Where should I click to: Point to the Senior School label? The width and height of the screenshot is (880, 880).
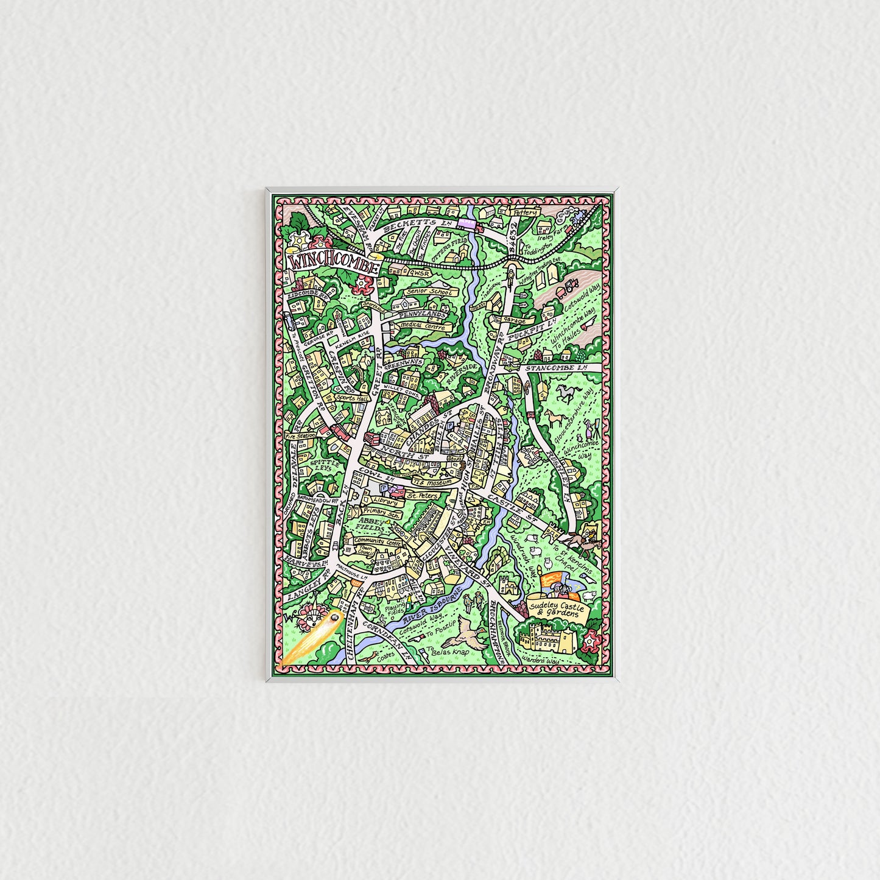tap(431, 292)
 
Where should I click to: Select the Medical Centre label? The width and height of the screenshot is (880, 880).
tap(431, 327)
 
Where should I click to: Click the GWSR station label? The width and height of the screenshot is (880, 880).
tap(420, 273)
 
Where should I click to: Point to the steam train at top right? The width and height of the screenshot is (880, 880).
tap(577, 217)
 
